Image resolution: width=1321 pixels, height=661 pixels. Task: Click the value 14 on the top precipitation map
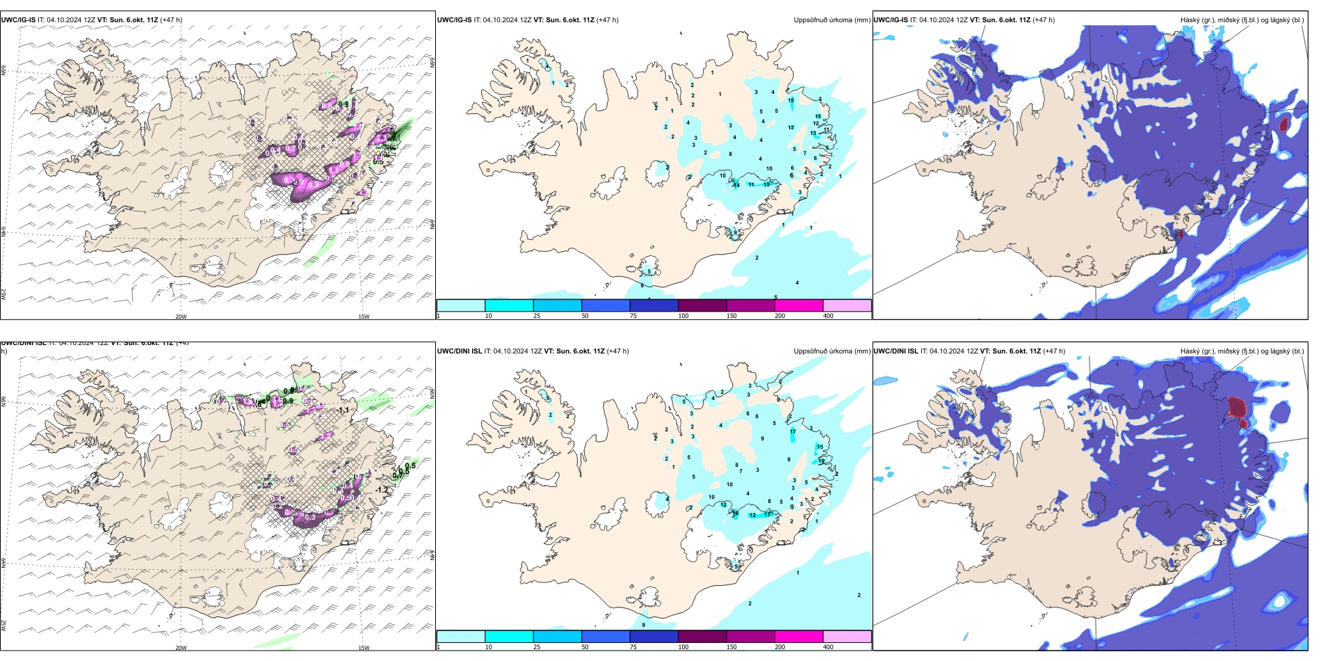pos(736,184)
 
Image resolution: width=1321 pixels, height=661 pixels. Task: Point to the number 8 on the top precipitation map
pos(730,154)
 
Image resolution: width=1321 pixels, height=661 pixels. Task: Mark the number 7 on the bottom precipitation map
pos(740,471)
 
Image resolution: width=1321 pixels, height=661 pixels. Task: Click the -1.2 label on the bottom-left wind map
pos(382,490)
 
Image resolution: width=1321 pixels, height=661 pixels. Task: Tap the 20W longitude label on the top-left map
pos(181,317)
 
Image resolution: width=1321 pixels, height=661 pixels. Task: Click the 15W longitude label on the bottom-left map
pos(364,648)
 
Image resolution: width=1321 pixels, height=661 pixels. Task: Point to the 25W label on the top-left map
pos(3,294)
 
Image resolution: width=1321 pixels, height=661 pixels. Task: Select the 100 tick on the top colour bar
pos(683,316)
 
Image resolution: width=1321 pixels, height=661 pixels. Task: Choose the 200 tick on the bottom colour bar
pos(780,647)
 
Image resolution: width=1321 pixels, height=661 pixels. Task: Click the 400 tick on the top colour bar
pos(828,316)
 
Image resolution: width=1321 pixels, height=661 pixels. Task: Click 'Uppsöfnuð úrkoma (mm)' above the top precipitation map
pos(832,20)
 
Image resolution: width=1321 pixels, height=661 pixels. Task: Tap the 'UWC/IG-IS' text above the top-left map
pos(18,20)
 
